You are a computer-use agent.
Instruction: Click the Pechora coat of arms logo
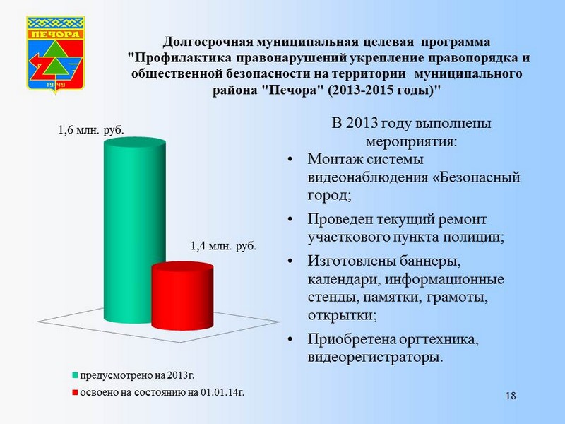tap(56, 54)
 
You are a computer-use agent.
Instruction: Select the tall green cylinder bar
tap(135, 231)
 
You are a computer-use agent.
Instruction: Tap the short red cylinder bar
tap(182, 296)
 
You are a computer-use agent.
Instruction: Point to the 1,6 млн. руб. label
tap(91, 130)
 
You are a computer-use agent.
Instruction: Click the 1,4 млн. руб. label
tap(223, 246)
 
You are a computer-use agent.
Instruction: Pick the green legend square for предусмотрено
tap(75, 375)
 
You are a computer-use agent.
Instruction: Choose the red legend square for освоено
tap(75, 392)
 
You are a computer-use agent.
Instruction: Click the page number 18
tap(511, 396)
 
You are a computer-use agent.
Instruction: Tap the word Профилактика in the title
tap(184, 58)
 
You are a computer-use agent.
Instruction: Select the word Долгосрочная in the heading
tap(207, 42)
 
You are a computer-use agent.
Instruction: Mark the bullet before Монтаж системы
tap(290, 159)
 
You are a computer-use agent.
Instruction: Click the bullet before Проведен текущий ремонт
tap(290, 219)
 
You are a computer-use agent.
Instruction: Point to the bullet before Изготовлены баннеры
tap(290, 261)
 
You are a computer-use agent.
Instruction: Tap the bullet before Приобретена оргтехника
tap(290, 339)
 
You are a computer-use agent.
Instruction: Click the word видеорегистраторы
tap(375, 358)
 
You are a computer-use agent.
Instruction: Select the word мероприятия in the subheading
tap(411, 142)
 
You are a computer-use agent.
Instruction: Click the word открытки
tap(342, 315)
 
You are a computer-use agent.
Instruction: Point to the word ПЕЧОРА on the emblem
tap(55, 34)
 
